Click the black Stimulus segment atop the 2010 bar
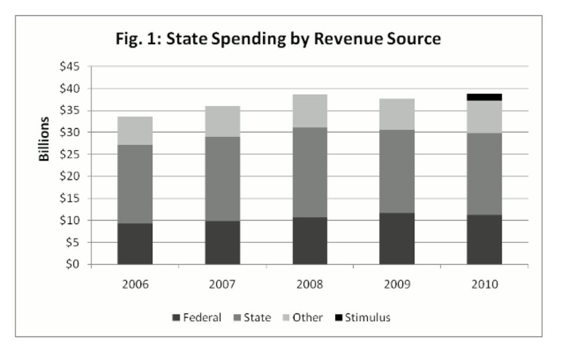tap(484, 97)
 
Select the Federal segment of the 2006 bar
tap(135, 244)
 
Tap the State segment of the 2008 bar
tap(309, 172)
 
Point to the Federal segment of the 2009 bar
tap(396, 238)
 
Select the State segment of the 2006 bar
tap(135, 184)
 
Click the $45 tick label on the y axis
tap(74, 66)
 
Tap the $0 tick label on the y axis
tap(76, 265)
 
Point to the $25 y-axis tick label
tap(74, 155)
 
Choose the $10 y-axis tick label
tap(74, 221)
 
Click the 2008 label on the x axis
tap(309, 284)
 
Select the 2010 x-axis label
tap(484, 284)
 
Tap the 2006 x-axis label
tap(135, 284)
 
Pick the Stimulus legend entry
tap(365, 318)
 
